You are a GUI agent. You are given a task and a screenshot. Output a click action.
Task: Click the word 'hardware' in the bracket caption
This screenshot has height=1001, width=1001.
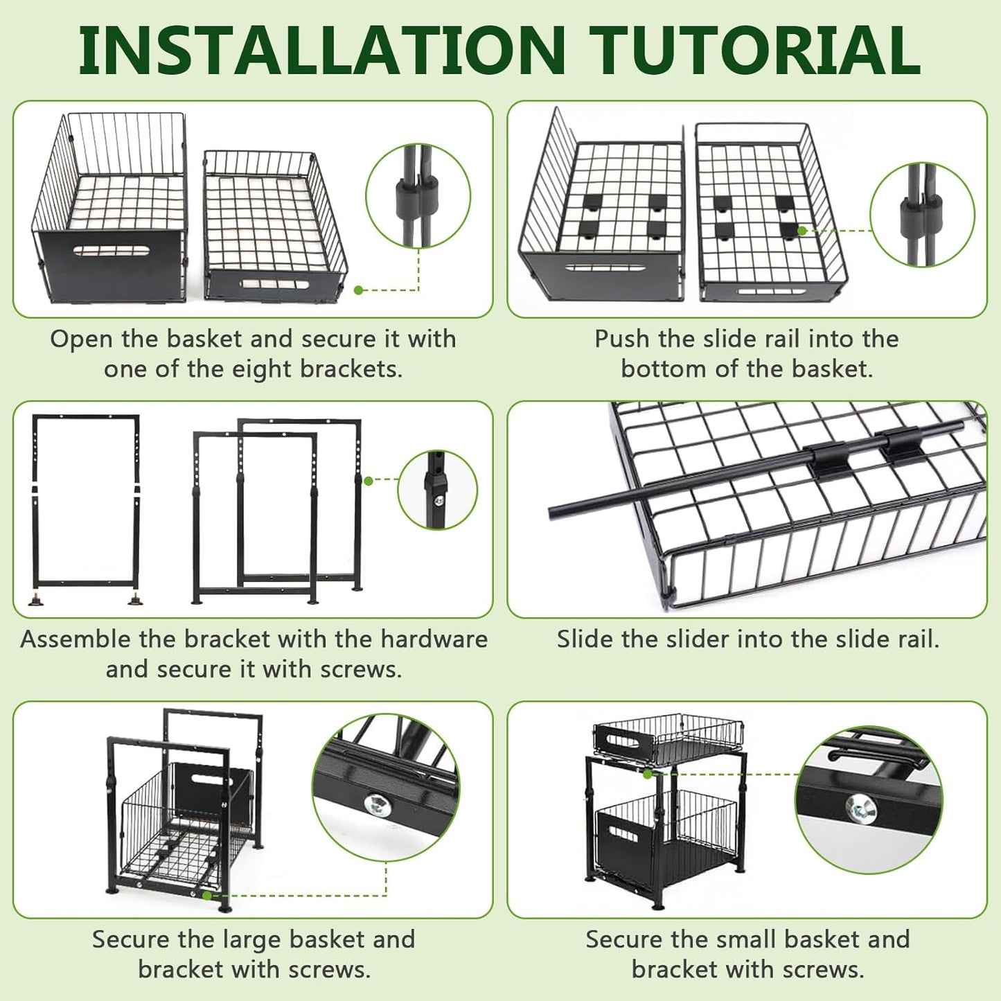click(434, 639)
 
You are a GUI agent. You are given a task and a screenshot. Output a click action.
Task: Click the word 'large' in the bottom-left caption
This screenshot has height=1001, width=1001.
click(252, 939)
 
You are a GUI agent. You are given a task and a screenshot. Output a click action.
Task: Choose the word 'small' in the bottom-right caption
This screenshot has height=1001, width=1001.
click(747, 939)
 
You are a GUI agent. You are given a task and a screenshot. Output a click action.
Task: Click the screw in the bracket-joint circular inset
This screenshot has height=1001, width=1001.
click(439, 500)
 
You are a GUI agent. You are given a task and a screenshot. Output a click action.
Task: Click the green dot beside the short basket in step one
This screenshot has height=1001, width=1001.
click(358, 290)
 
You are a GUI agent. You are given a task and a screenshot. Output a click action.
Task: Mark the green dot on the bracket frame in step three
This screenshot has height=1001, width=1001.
click(369, 481)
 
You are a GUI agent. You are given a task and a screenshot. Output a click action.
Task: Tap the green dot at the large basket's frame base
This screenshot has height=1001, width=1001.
click(206, 895)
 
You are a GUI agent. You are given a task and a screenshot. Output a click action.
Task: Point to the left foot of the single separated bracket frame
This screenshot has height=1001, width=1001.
click(35, 599)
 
